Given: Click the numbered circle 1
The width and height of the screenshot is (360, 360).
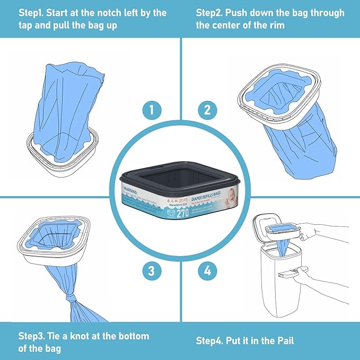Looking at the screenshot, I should (x=152, y=111).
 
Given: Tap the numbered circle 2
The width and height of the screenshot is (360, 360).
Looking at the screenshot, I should (x=207, y=111).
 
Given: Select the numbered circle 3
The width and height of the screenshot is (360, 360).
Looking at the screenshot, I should (x=152, y=272).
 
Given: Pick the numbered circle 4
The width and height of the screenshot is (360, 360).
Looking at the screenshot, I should (x=207, y=272).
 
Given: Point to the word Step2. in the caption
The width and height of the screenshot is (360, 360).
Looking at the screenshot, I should (x=211, y=13).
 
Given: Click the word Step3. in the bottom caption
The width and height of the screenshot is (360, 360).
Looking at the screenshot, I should (x=33, y=336).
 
